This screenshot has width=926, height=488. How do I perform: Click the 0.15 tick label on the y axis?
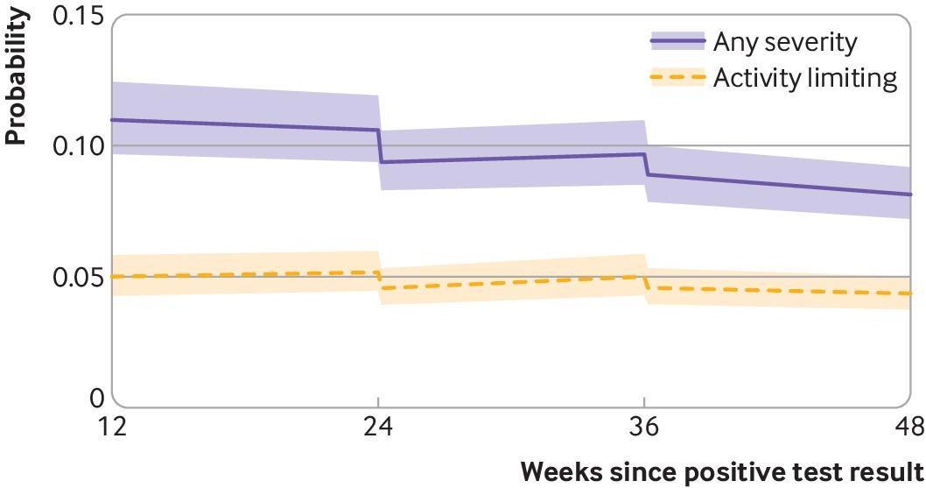point(77,17)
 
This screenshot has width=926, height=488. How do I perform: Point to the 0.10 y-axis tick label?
point(77,145)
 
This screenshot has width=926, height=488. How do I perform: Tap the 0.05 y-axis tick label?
point(77,277)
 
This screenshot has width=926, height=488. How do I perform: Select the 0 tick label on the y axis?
point(95,398)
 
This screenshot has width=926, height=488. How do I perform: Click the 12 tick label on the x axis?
point(113,428)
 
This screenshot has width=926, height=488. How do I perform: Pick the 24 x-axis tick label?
point(378,428)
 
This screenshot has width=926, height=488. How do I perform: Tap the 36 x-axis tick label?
point(645,428)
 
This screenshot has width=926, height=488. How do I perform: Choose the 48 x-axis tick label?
point(907,428)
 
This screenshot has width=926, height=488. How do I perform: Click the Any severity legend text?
point(785,41)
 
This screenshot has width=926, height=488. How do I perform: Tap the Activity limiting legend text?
point(805,78)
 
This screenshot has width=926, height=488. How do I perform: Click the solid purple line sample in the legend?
point(677,41)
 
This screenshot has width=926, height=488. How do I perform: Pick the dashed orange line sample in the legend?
point(677,78)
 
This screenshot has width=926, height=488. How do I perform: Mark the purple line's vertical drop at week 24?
point(380,146)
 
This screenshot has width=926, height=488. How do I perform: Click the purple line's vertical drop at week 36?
point(646,165)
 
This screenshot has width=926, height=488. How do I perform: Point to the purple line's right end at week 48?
point(910,194)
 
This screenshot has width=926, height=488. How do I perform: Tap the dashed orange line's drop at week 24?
point(380,280)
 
